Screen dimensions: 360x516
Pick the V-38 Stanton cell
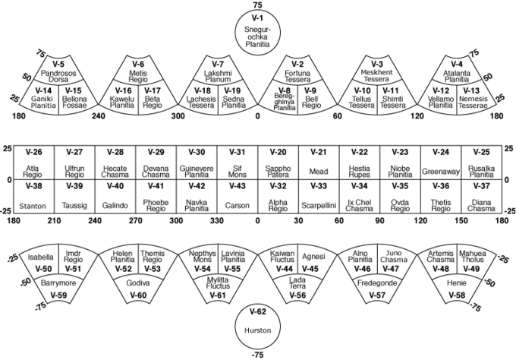click(x=33, y=196)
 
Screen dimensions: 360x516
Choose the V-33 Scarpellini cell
click(x=319, y=196)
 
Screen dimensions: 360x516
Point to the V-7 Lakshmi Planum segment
click(x=217, y=72)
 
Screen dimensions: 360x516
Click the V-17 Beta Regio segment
click(x=153, y=99)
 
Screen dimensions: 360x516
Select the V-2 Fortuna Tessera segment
click(x=298, y=72)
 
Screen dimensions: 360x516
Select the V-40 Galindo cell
click(x=115, y=196)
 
